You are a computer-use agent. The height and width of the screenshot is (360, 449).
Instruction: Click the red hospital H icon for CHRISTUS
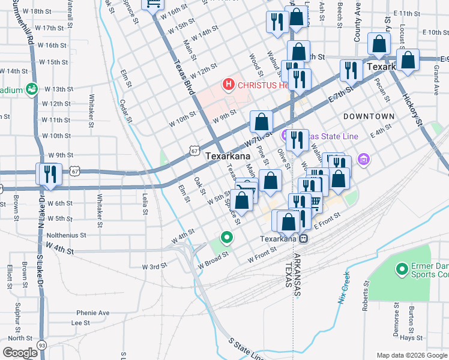point(229,85)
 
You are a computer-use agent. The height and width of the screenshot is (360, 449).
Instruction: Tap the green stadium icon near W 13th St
point(31,89)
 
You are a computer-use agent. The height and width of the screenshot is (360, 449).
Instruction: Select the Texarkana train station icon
point(304,238)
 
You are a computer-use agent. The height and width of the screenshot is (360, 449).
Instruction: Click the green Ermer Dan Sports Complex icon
point(401,269)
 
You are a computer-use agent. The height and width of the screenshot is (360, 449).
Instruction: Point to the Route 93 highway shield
point(41,345)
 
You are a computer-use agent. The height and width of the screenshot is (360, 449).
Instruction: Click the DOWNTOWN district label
point(369,116)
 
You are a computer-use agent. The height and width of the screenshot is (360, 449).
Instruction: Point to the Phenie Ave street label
point(92,313)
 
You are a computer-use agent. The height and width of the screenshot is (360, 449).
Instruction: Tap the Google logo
point(20,352)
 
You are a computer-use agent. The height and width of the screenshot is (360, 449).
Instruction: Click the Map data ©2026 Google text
point(412,355)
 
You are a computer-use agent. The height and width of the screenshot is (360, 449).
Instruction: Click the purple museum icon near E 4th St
point(363,160)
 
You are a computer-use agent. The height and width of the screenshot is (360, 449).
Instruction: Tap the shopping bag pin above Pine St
point(261,122)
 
